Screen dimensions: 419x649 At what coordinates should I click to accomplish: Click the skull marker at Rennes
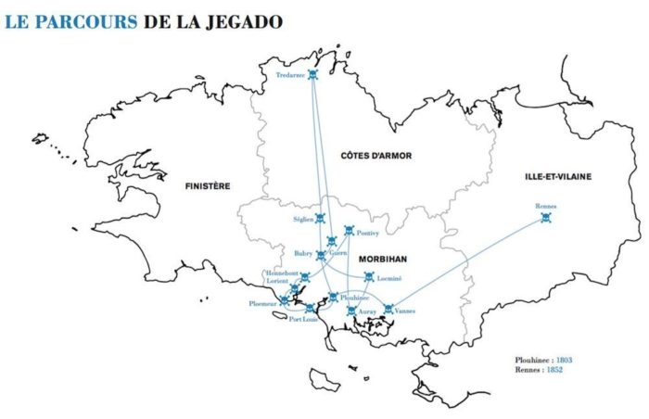[x=545, y=219]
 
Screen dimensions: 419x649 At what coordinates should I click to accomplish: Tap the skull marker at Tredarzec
[x=313, y=74]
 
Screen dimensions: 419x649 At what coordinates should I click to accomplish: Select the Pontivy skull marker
[x=349, y=231]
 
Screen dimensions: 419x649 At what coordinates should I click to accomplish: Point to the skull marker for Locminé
[x=369, y=277]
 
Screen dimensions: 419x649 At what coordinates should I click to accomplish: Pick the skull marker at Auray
[x=351, y=311]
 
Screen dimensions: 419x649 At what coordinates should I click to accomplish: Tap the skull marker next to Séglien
[x=321, y=219]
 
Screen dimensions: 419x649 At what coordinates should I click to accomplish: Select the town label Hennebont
[x=281, y=273]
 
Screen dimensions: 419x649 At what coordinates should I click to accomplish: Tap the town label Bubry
[x=303, y=252]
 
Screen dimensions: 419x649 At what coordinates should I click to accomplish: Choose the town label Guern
[x=338, y=252]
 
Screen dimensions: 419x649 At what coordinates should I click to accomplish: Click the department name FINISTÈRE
[x=207, y=185]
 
